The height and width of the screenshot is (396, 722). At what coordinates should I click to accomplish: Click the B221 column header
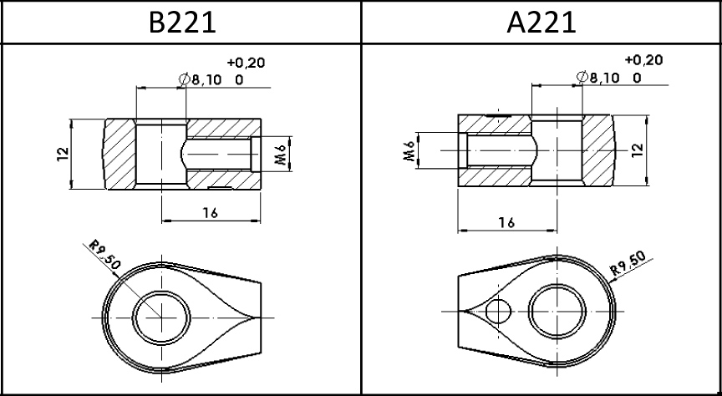tap(182, 22)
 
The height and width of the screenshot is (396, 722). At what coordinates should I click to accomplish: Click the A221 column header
tap(541, 22)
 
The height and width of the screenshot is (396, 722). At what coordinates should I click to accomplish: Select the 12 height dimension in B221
tap(63, 154)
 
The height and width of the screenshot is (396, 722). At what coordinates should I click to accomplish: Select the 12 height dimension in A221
tap(637, 150)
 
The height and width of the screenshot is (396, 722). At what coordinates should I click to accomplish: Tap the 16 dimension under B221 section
tap(210, 212)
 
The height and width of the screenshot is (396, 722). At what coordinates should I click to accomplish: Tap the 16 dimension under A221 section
tap(506, 222)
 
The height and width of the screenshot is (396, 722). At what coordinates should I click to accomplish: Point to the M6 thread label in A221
tap(409, 150)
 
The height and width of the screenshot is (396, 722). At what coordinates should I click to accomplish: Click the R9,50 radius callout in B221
tap(104, 254)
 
